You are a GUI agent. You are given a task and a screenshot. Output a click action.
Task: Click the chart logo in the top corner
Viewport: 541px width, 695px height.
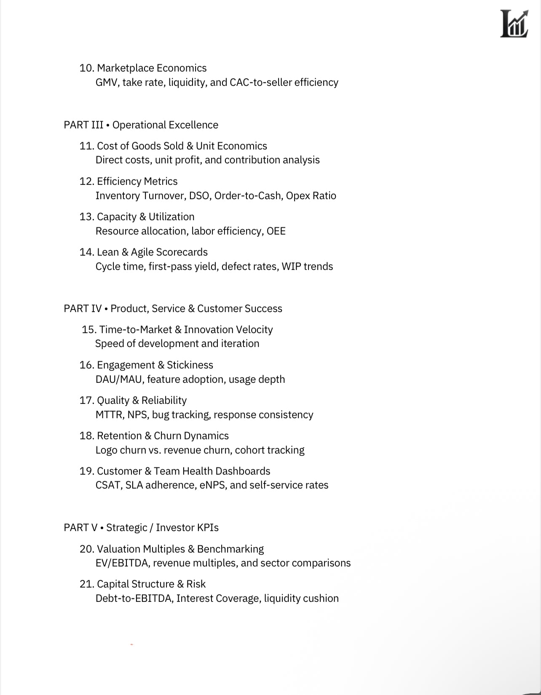tap(514, 24)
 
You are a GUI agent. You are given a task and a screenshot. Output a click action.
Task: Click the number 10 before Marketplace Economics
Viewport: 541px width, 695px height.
tap(86, 68)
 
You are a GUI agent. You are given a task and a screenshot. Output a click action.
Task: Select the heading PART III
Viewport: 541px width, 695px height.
tap(83, 125)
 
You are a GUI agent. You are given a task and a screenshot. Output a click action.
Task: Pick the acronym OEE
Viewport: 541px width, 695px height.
tap(276, 231)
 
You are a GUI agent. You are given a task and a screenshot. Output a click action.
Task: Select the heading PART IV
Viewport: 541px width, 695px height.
tap(83, 309)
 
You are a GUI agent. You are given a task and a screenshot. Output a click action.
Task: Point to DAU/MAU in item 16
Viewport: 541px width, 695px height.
tap(120, 380)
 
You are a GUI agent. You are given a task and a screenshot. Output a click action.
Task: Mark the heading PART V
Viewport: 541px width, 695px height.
tap(80, 528)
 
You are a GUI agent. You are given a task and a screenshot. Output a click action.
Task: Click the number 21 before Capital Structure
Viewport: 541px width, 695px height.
tap(86, 584)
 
